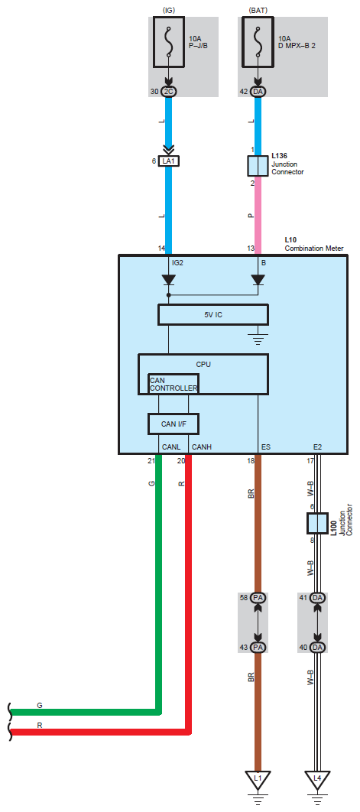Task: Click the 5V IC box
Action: click(x=213, y=315)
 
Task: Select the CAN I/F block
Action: click(x=174, y=424)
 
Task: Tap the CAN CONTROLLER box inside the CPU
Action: click(x=173, y=384)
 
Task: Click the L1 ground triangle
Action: click(x=258, y=779)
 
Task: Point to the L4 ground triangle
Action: click(x=317, y=779)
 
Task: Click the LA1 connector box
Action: click(x=168, y=161)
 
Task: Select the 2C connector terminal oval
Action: click(x=168, y=92)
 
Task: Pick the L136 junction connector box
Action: click(x=258, y=166)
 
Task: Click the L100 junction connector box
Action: click(x=317, y=524)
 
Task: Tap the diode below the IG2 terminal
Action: click(x=168, y=280)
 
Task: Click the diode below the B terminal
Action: click(x=258, y=280)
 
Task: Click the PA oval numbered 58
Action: click(x=258, y=598)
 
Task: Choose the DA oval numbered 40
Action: click(x=317, y=648)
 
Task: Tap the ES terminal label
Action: click(x=266, y=447)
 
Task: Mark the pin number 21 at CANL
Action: click(x=152, y=460)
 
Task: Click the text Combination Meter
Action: click(x=314, y=248)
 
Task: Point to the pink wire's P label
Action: click(x=251, y=215)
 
